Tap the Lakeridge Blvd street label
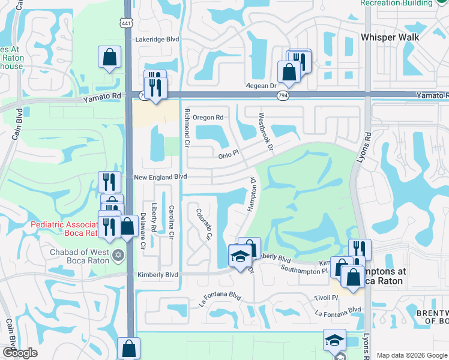click(157, 39)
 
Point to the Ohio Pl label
click(228, 155)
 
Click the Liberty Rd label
click(154, 217)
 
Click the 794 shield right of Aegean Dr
click(282, 95)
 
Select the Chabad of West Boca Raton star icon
click(118, 256)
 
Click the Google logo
click(19, 353)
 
